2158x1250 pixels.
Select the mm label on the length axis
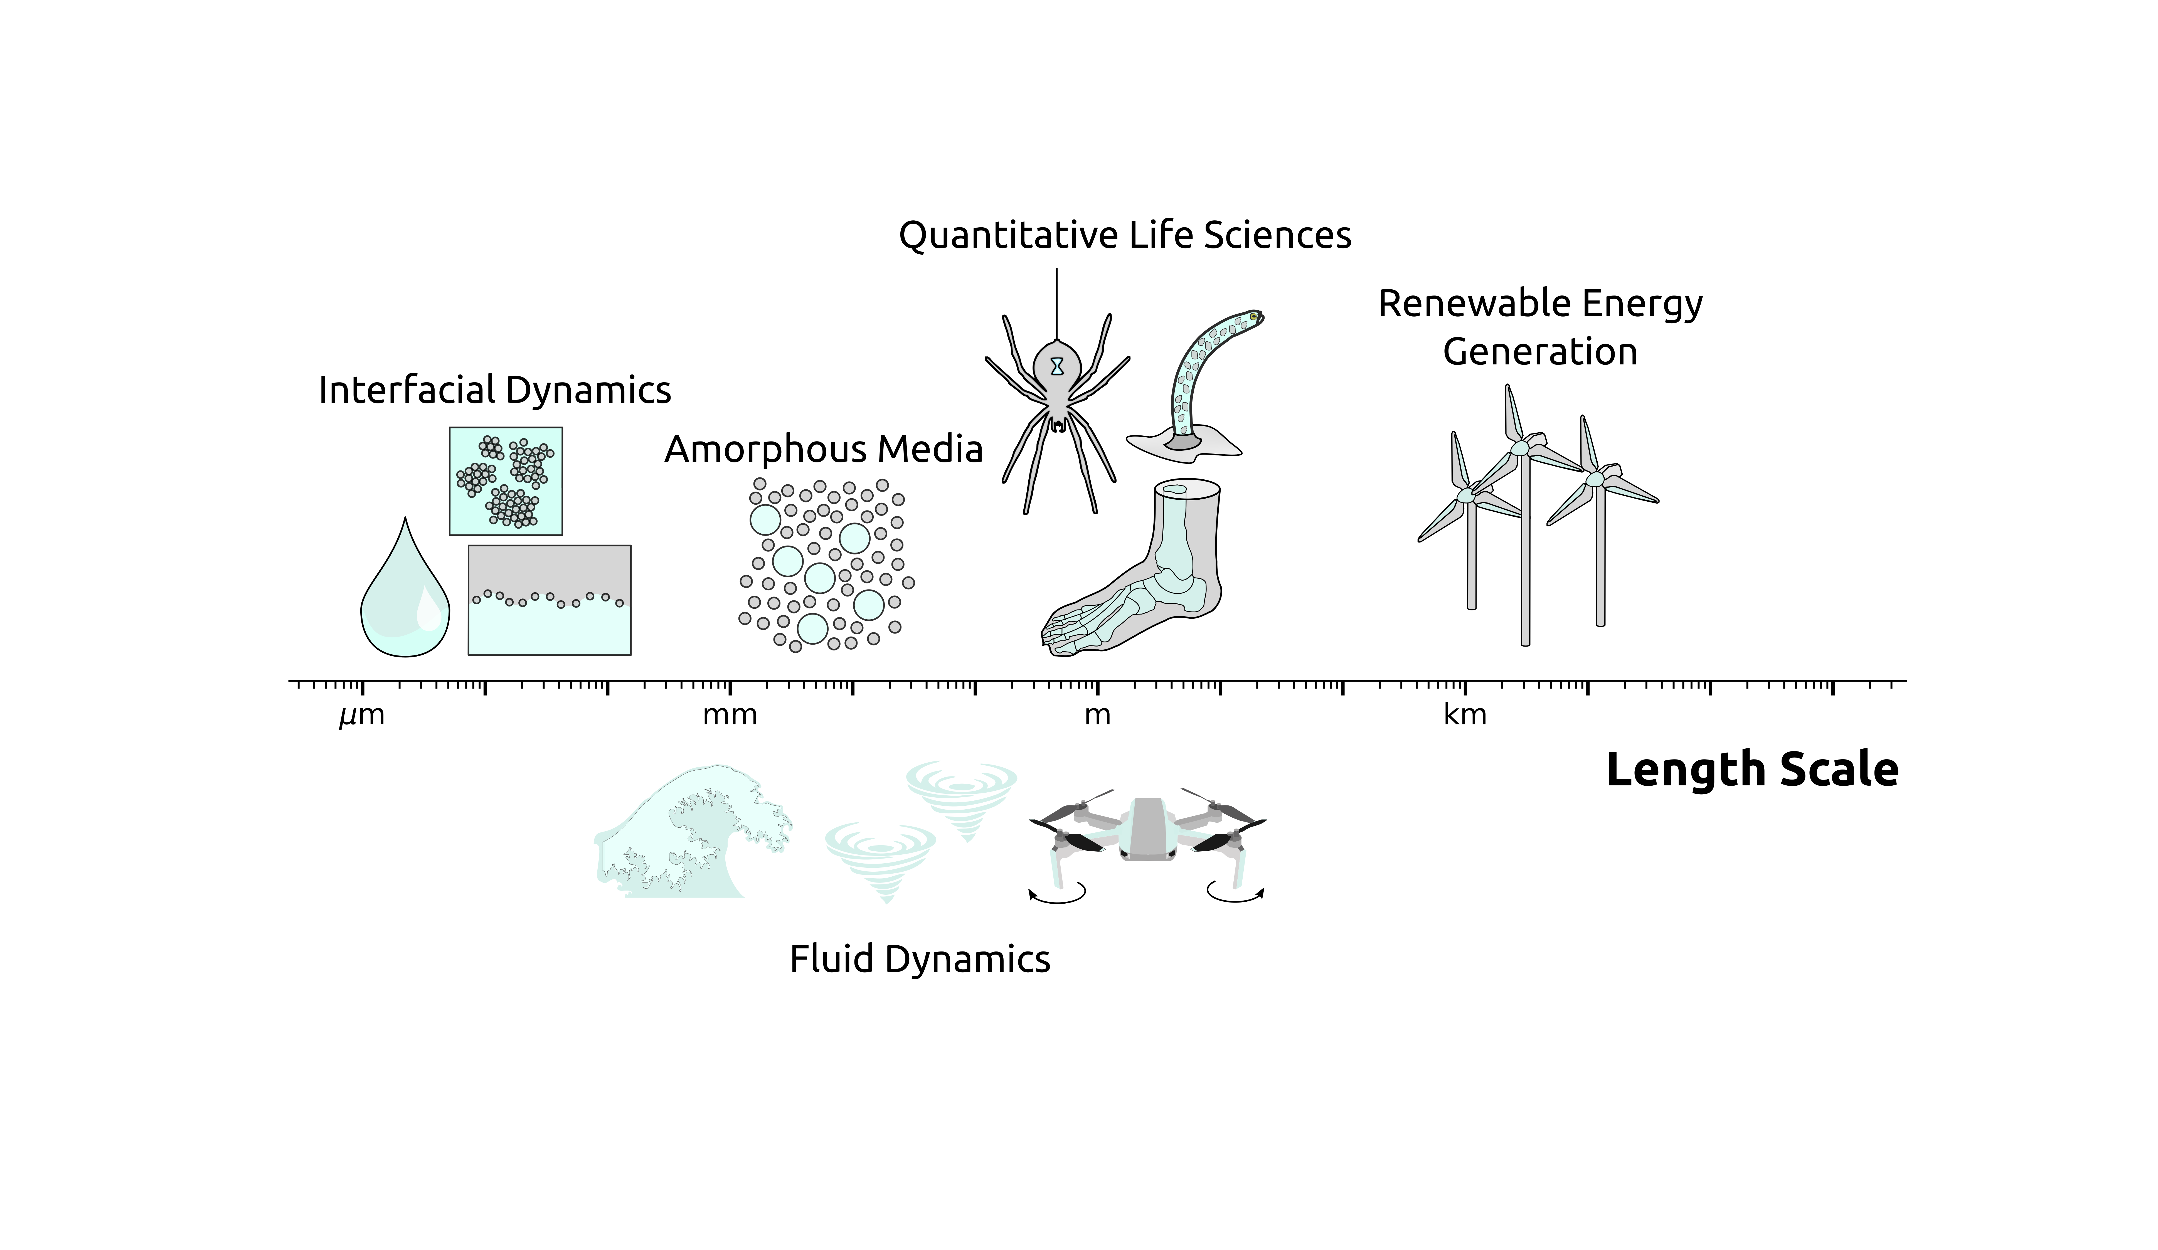click(730, 715)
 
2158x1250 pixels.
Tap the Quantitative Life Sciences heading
click(1124, 235)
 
